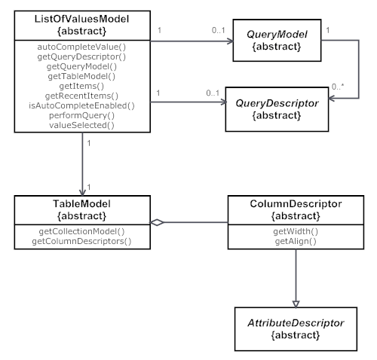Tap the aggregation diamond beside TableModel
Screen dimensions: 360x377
pos(155,222)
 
